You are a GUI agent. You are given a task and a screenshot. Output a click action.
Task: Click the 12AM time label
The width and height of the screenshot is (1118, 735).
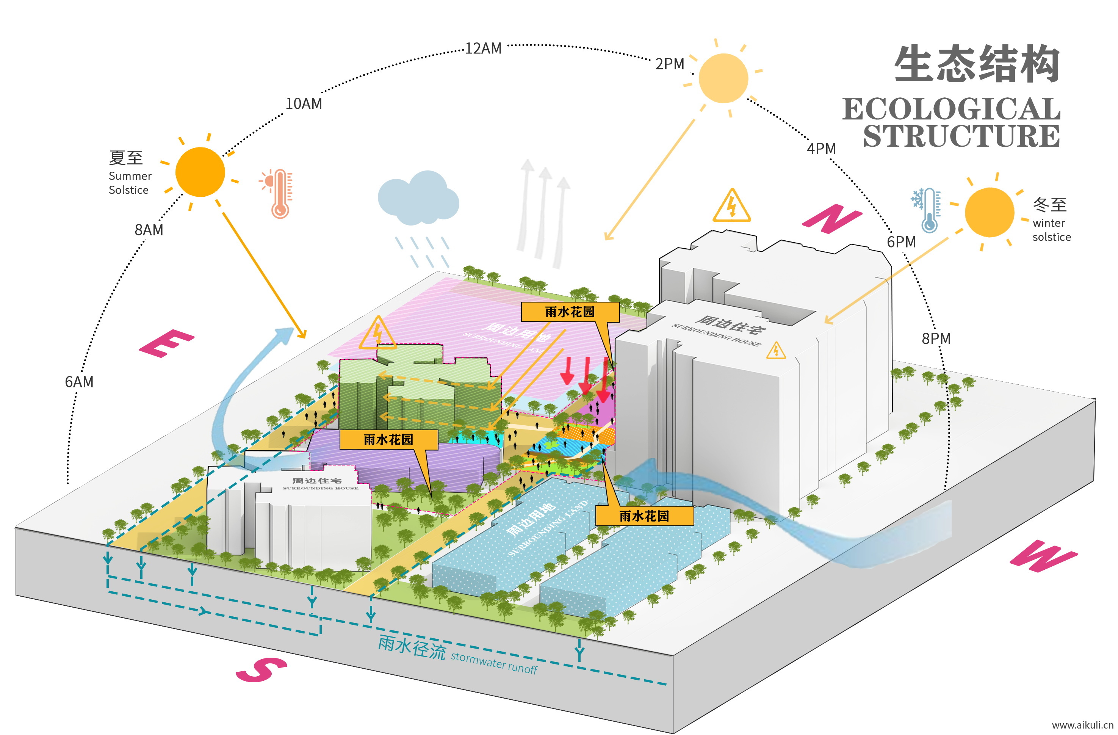(x=483, y=49)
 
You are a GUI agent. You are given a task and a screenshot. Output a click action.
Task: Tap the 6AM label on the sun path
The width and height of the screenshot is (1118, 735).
(x=79, y=382)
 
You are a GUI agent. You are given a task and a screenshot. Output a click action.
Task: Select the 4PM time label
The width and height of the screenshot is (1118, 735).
(x=821, y=149)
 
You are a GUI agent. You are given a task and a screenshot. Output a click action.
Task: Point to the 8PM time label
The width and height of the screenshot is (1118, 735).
(x=936, y=339)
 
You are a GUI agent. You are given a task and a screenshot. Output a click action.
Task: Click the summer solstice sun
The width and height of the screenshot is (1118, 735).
(x=200, y=172)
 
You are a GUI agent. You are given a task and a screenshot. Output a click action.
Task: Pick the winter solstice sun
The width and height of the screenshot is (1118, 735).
(x=989, y=212)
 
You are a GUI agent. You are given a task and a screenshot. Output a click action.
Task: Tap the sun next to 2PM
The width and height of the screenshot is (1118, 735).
(x=723, y=78)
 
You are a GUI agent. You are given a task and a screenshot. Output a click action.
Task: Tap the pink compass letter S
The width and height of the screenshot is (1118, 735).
(x=261, y=669)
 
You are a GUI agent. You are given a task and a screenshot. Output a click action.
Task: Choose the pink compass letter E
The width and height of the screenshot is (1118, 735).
(x=166, y=343)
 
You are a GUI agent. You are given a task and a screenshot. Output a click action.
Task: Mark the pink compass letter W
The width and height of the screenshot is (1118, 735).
(x=1043, y=556)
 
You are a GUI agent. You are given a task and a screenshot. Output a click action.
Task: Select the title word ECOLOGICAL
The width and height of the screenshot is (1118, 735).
(x=951, y=109)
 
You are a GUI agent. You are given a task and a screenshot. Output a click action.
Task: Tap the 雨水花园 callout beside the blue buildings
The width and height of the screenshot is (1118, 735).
(x=644, y=516)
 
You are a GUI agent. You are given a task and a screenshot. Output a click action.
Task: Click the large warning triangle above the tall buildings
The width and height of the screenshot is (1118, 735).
(x=731, y=206)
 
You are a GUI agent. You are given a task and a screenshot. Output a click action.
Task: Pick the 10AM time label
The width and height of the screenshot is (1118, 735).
(x=304, y=104)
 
